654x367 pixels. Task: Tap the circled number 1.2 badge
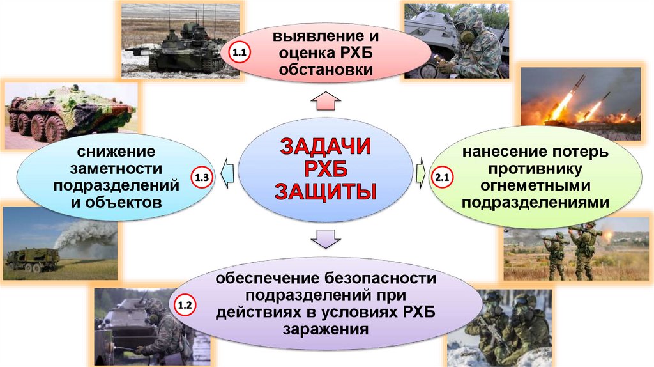[x=185, y=306]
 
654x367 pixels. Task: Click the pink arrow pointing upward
[x=326, y=100]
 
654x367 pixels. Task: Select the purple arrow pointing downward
[x=325, y=238]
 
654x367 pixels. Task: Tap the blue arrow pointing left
[x=227, y=171]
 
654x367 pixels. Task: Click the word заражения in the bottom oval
[x=326, y=330]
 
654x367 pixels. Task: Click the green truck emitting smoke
[x=32, y=258]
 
